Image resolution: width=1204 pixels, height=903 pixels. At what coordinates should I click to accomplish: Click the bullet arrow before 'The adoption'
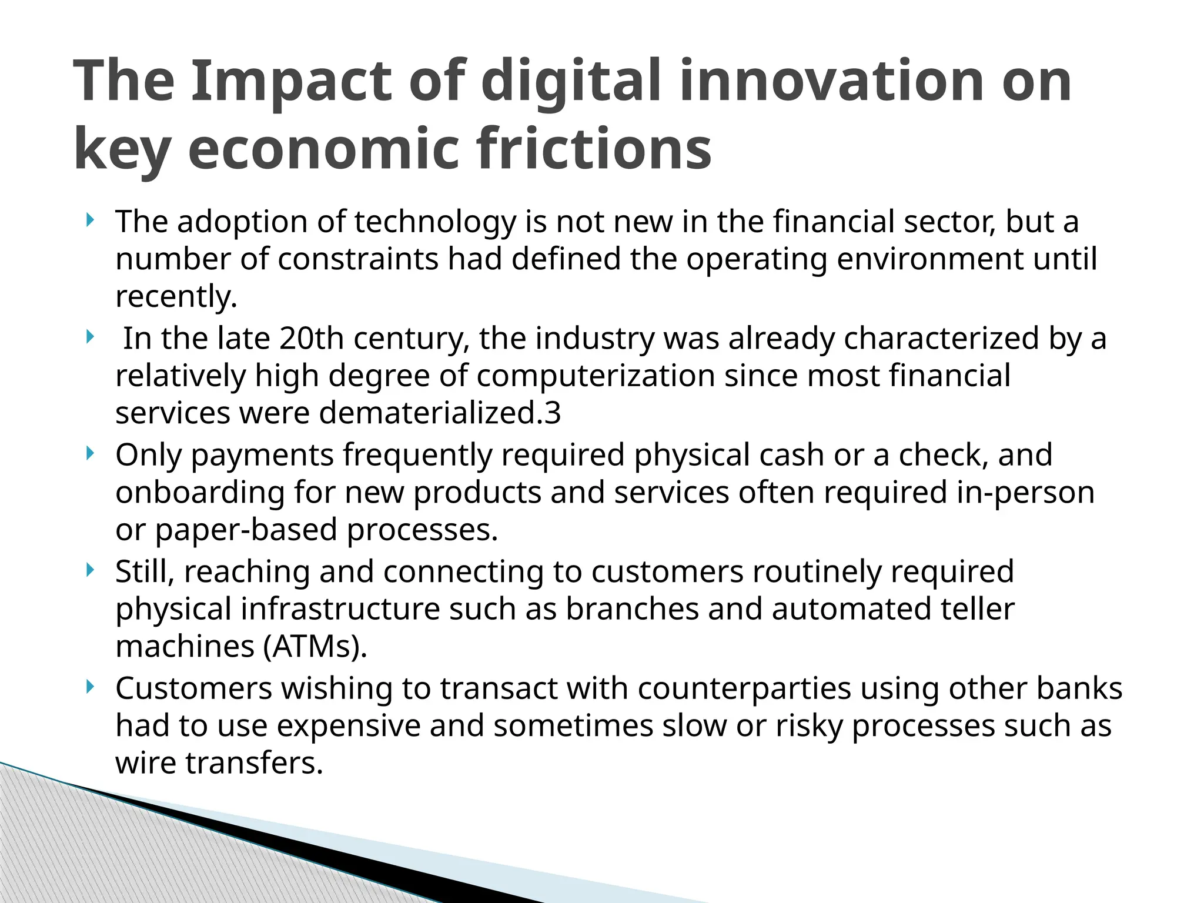point(89,221)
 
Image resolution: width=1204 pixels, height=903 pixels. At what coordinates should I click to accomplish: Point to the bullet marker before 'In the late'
point(89,337)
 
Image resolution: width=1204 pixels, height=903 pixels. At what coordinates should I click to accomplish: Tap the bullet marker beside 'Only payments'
point(89,454)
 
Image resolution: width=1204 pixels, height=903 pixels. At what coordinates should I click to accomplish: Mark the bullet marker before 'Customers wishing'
point(89,687)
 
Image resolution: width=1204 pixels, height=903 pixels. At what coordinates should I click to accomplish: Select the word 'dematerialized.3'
point(440,413)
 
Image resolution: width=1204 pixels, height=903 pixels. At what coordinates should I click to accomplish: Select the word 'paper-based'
point(246,530)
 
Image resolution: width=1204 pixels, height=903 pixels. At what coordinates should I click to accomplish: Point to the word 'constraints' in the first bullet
point(357,259)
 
